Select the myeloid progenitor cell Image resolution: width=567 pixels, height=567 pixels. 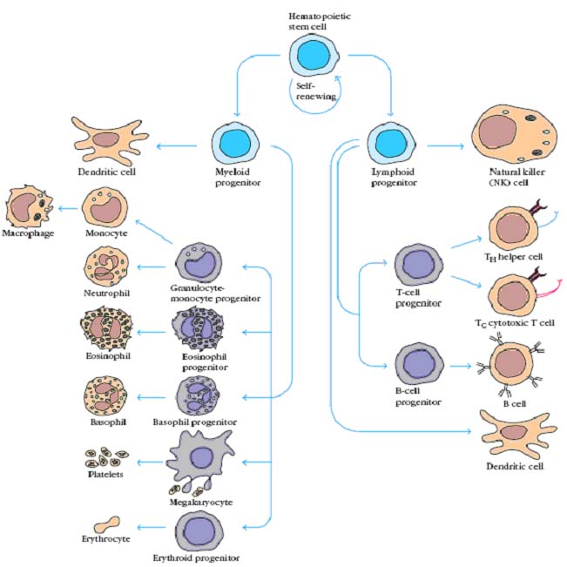point(234,143)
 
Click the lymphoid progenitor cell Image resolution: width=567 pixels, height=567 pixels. point(388,143)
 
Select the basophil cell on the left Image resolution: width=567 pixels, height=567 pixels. point(105,394)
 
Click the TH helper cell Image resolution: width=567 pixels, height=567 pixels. point(514,230)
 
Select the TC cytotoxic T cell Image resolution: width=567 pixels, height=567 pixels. point(514,294)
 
